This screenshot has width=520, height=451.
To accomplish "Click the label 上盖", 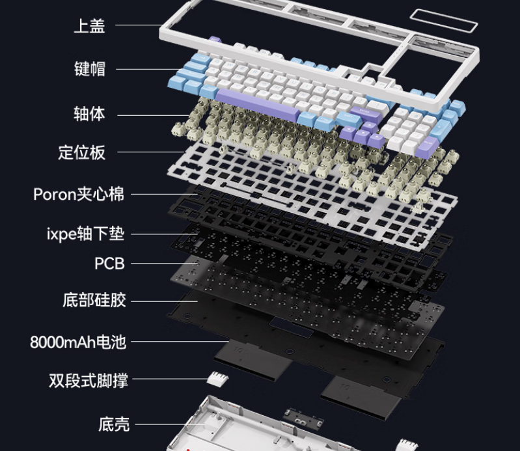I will (89, 26).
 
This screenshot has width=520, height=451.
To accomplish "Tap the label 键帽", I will (89, 68).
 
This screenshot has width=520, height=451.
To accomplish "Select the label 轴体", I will (89, 114).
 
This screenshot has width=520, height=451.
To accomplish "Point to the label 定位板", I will (81, 153).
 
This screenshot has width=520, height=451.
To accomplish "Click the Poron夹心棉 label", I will (79, 194).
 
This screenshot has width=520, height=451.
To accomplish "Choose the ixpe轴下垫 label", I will (85, 233).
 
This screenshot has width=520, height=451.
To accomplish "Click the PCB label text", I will (109, 264).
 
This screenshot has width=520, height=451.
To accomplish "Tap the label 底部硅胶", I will (94, 301).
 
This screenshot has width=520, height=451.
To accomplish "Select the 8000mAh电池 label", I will (78, 342).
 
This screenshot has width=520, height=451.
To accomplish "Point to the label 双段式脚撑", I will (89, 380).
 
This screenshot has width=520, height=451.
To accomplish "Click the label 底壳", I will (114, 425).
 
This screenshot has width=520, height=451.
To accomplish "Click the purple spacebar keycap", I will (257, 104).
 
